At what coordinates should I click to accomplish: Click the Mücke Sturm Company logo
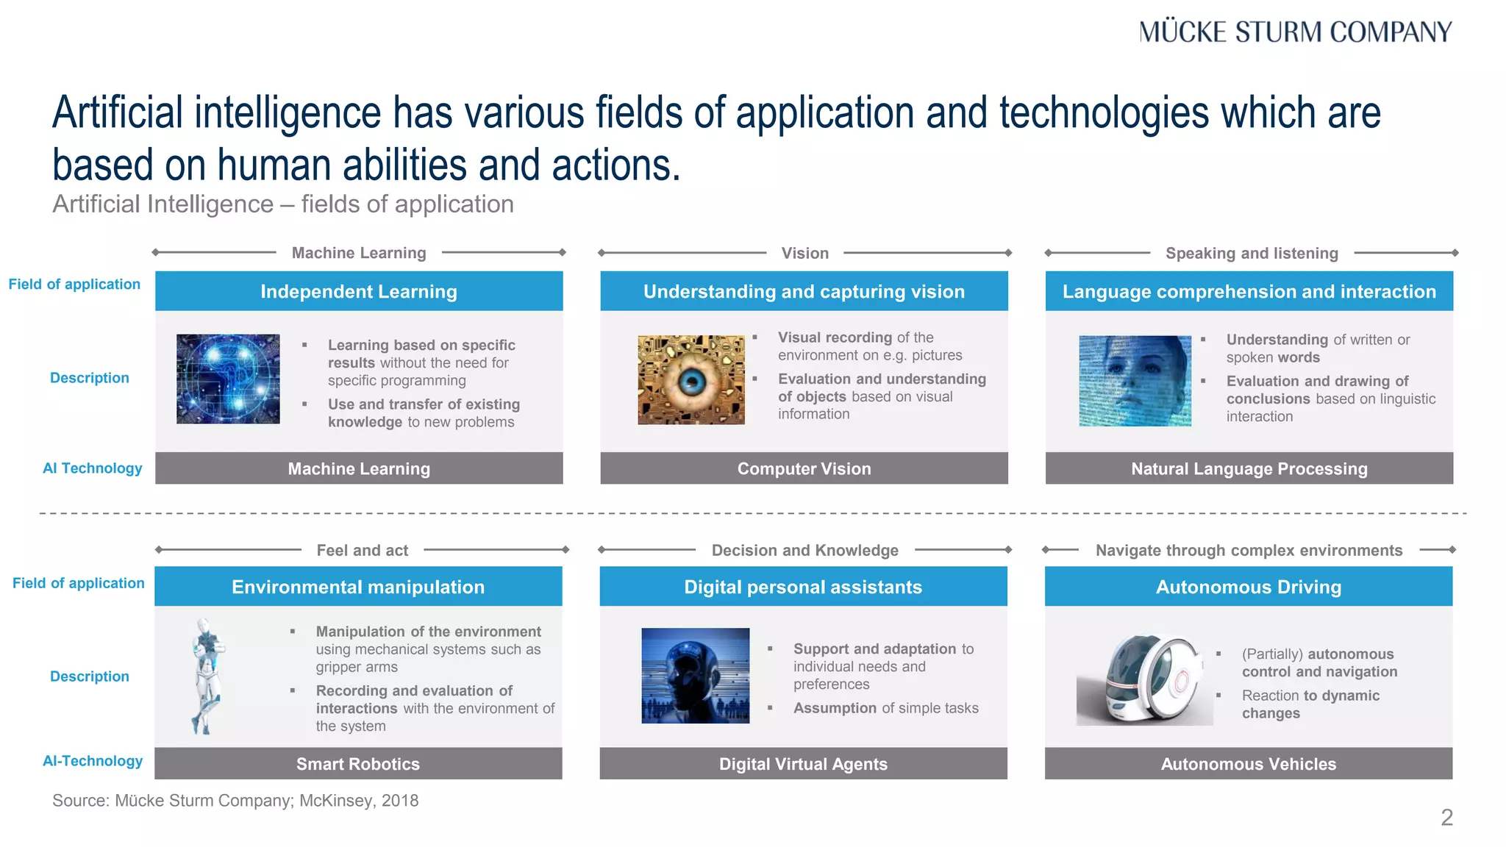(x=1295, y=32)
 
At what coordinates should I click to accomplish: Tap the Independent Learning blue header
(x=359, y=291)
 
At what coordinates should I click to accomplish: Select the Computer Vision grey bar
(x=804, y=468)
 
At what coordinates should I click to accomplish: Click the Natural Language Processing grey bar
(x=1249, y=468)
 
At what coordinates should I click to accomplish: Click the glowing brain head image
(x=228, y=379)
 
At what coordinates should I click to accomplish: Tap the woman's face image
(x=1135, y=381)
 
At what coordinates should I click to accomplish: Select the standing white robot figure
(x=207, y=676)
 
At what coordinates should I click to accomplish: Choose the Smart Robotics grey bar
(x=358, y=764)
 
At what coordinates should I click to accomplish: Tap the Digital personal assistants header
(x=803, y=587)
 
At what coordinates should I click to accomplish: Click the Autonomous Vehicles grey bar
(x=1248, y=764)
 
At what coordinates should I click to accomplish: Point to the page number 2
(x=1446, y=818)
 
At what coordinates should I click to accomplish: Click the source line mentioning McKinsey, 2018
(x=235, y=801)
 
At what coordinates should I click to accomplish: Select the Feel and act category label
(x=362, y=551)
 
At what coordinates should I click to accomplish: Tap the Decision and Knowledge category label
(x=804, y=551)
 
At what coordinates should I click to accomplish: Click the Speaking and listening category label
(x=1252, y=254)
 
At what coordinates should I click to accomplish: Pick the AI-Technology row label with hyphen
(x=93, y=761)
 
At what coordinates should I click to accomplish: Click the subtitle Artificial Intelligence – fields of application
(x=283, y=204)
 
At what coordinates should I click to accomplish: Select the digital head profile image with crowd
(x=695, y=676)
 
